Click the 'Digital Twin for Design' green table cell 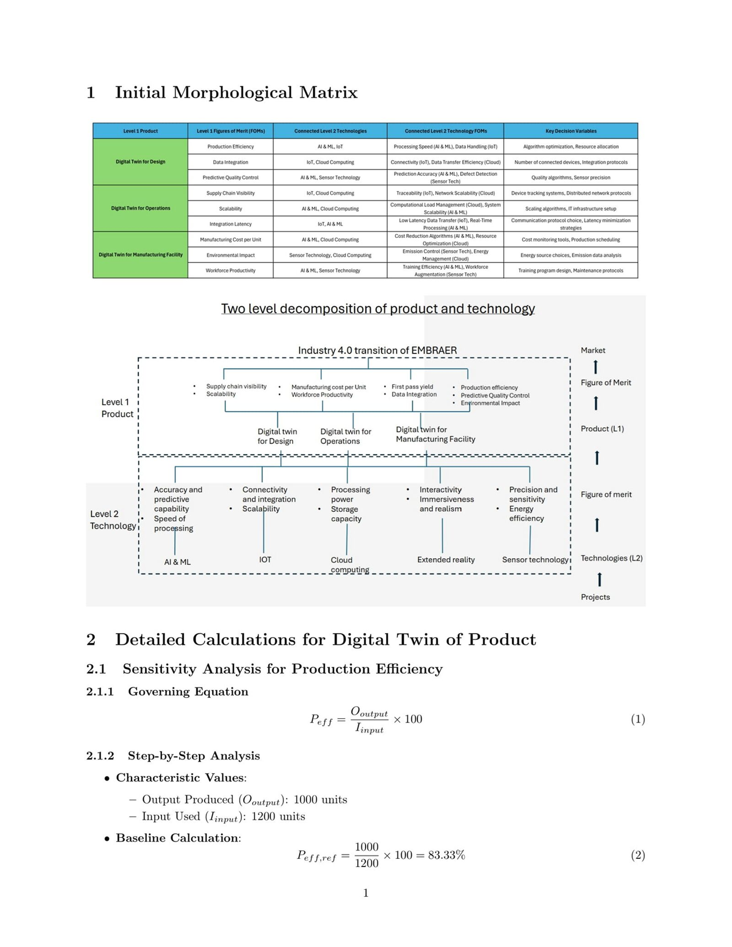[140, 162]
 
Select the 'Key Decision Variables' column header [570, 131]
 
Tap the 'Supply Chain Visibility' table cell [230, 193]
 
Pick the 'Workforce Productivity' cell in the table [230, 270]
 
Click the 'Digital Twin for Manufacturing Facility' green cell [140, 255]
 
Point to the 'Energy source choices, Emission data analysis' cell [570, 255]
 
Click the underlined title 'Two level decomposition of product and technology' [377, 309]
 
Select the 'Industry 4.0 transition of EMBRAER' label [377, 350]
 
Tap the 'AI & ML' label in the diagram [177, 562]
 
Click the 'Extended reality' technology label [445, 560]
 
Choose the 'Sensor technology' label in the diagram [535, 560]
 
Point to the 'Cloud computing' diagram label [349, 564]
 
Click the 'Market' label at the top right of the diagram [592, 350]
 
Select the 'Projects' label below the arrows [595, 597]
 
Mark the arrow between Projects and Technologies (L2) [599, 579]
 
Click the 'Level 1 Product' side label [117, 408]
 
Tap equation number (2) [638, 855]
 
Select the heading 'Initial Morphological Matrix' [236, 93]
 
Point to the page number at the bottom [366, 893]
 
